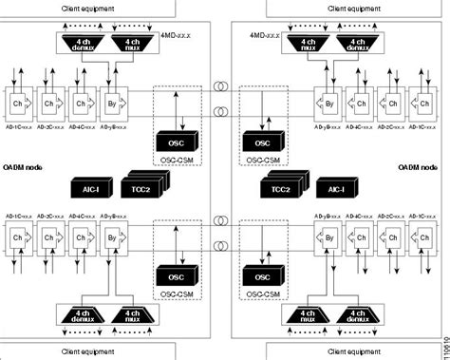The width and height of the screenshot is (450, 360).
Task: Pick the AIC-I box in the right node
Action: (x=333, y=190)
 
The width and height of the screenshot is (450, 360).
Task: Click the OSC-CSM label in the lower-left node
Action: (x=175, y=294)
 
